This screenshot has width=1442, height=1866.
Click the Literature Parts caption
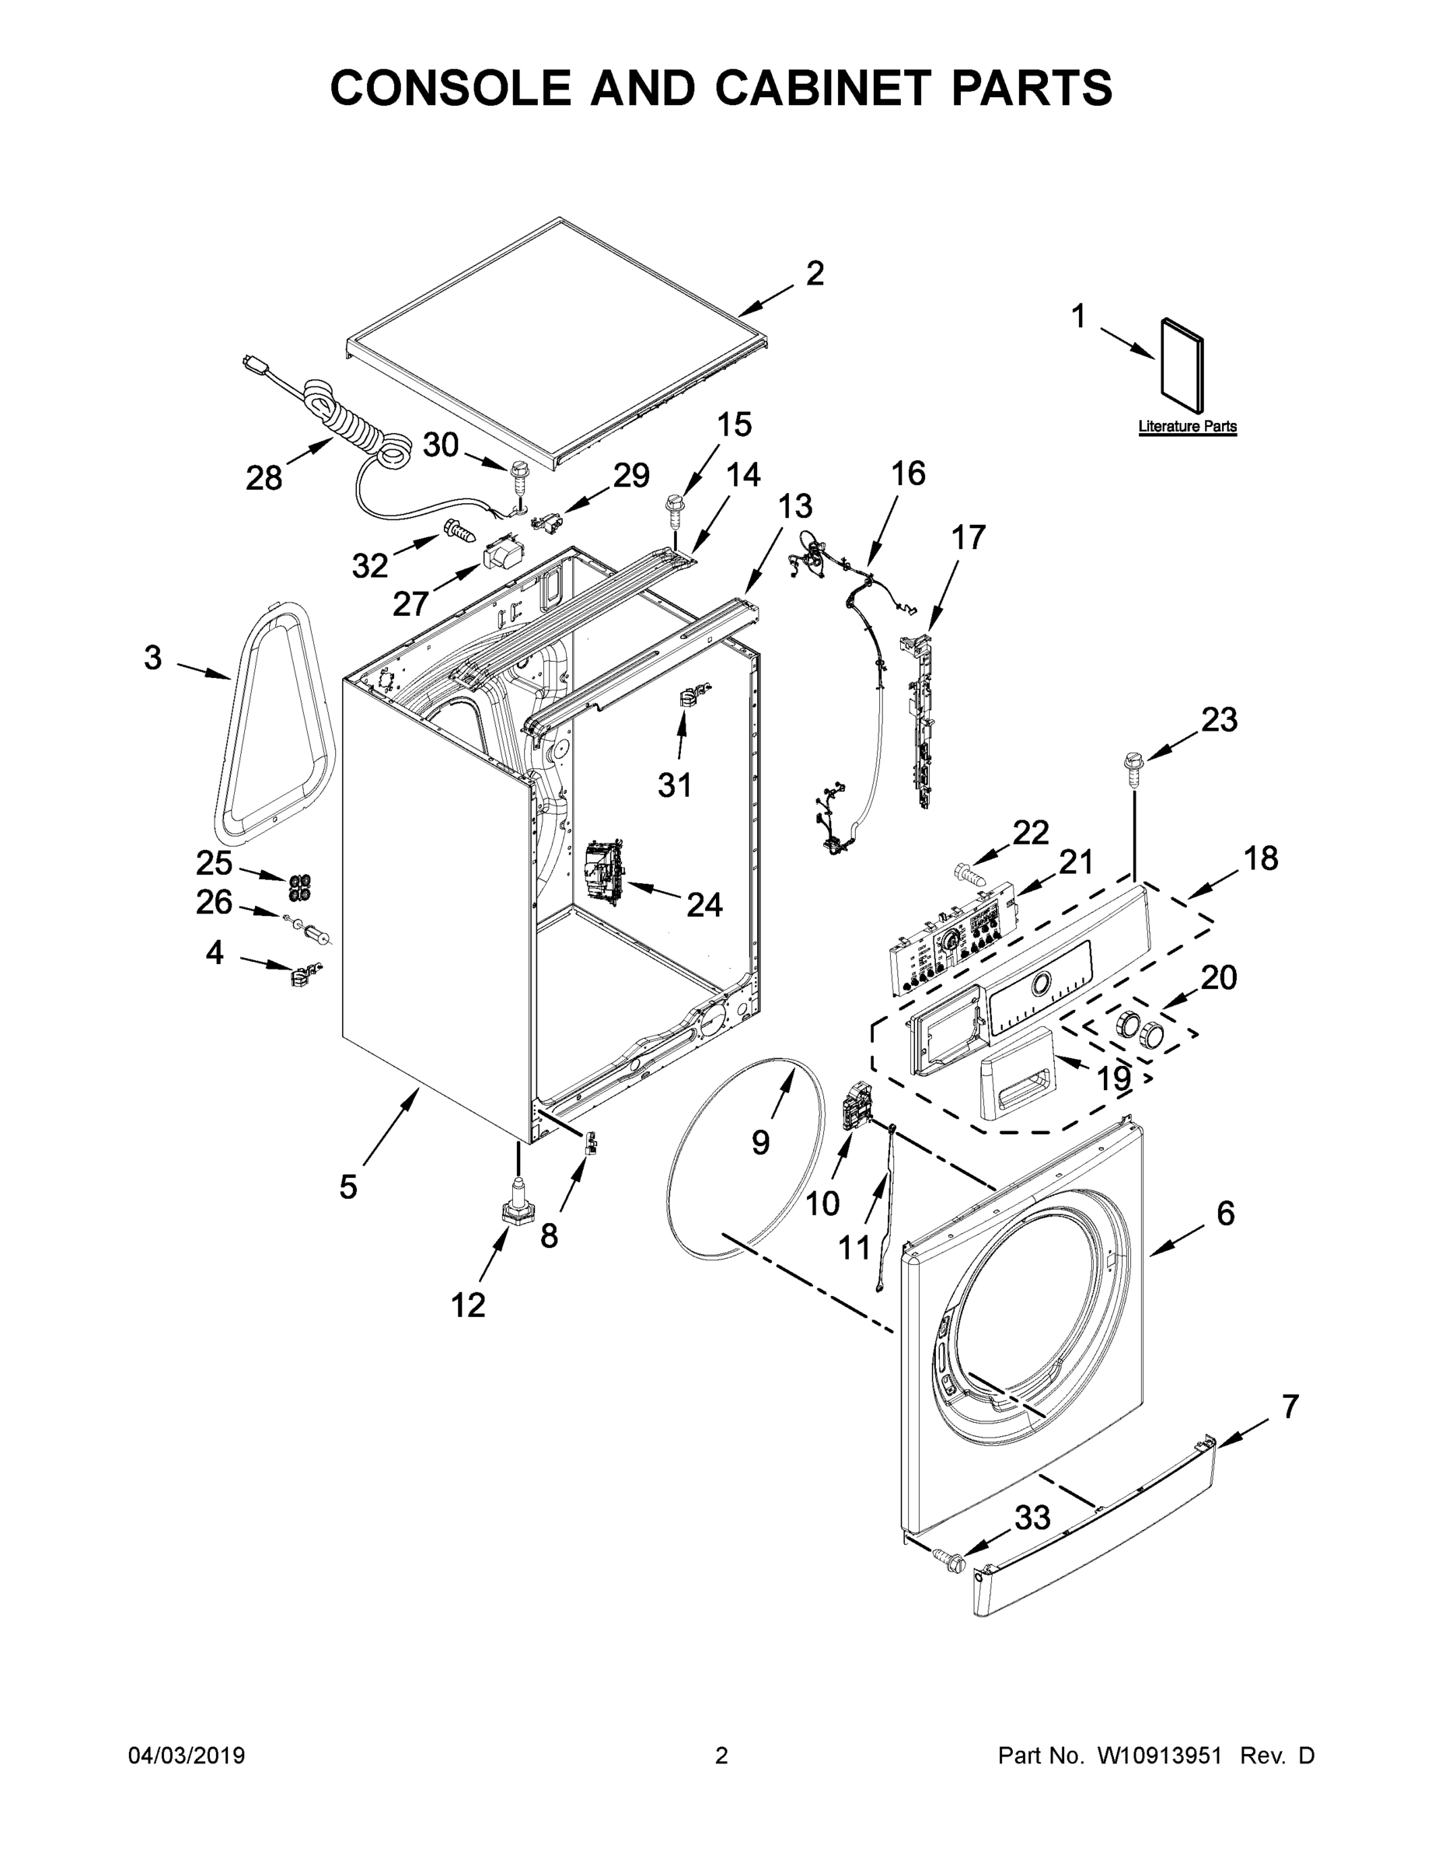[x=1188, y=426]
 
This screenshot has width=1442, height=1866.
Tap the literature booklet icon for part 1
[x=1183, y=363]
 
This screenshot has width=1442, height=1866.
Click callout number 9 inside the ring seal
[x=760, y=1142]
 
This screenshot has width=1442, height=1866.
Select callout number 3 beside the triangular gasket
[x=152, y=657]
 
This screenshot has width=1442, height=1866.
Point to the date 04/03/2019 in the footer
[x=187, y=1756]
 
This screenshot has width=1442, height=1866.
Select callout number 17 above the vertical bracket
[x=968, y=537]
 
